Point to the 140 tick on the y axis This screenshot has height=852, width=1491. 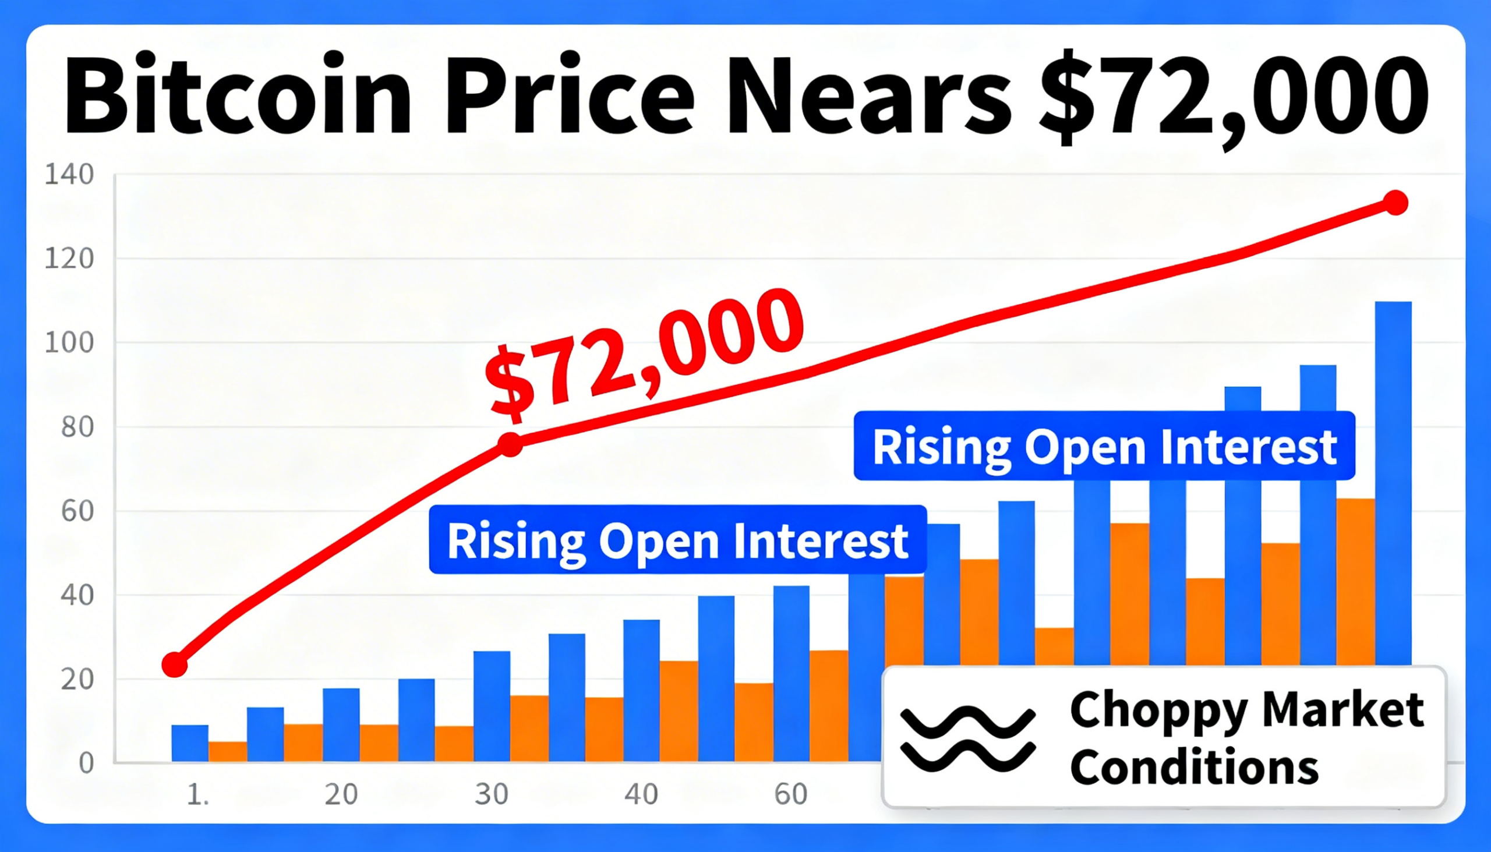coord(69,174)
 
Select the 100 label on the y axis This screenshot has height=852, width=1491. coord(69,343)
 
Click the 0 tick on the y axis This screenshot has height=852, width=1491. coord(86,763)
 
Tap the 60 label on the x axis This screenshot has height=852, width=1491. coord(790,795)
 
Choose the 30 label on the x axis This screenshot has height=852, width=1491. coord(491,795)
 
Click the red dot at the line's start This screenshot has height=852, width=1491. coord(174,664)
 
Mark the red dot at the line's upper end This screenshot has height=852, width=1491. coord(1396,203)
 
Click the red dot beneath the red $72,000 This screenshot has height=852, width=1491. coord(511,445)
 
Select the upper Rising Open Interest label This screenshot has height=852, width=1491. coord(1104,447)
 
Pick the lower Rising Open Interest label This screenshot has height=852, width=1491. coord(677,540)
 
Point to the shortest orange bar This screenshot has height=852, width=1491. coord(228,751)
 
